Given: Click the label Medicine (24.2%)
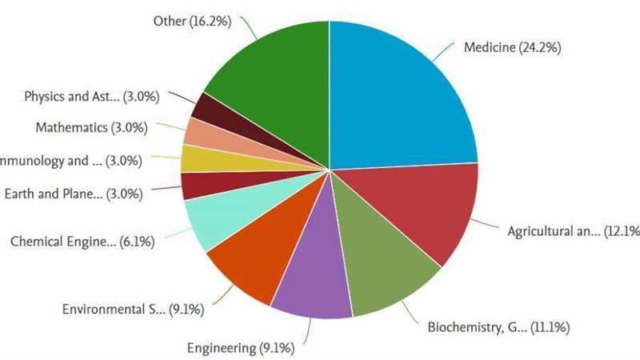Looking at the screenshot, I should pyautogui.click(x=512, y=48).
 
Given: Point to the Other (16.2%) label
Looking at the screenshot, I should pyautogui.click(x=192, y=21).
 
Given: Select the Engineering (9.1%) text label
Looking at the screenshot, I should pyautogui.click(x=241, y=347).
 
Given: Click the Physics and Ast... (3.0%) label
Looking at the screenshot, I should pyautogui.click(x=92, y=97).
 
